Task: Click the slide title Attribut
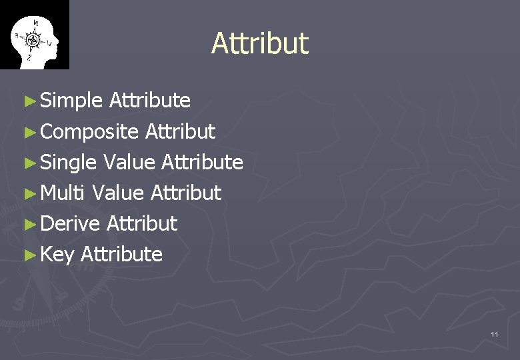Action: (x=260, y=43)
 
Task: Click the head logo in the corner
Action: (x=34, y=35)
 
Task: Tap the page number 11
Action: (x=494, y=334)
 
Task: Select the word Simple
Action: (x=71, y=101)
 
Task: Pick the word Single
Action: (x=69, y=162)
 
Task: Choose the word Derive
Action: (x=69, y=223)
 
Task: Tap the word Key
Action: (x=57, y=254)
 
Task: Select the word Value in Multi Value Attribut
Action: (x=118, y=193)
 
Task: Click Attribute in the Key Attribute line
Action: (x=121, y=254)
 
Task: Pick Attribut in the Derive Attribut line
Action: (x=141, y=223)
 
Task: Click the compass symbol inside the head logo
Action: (x=33, y=40)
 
